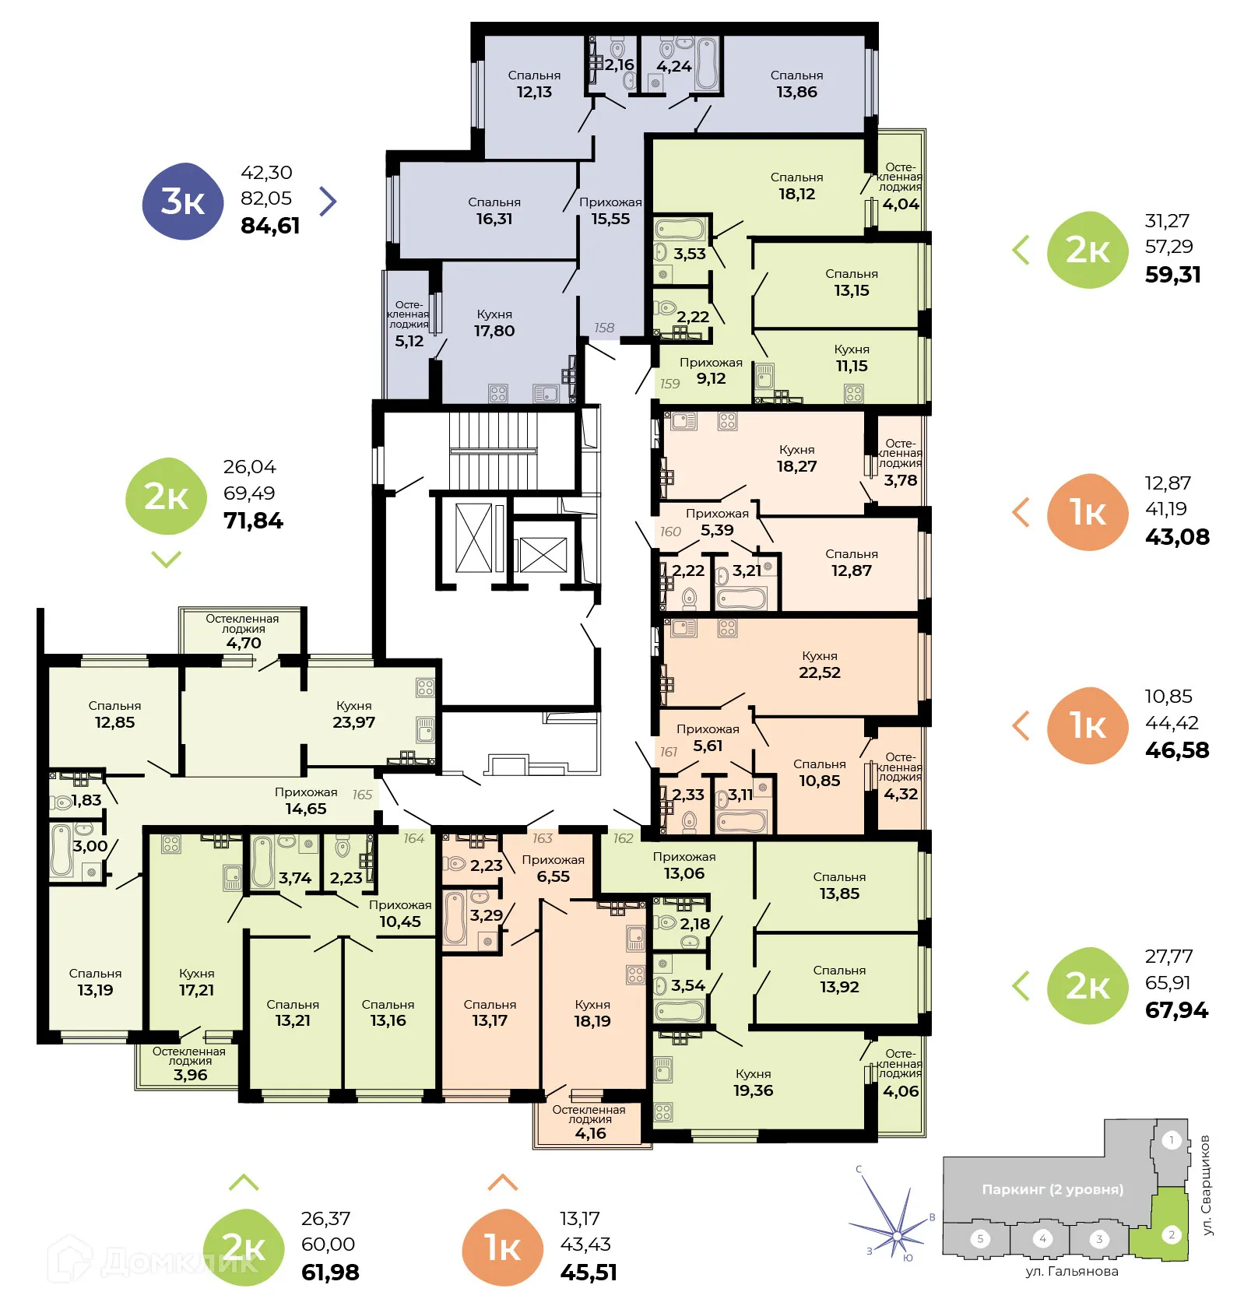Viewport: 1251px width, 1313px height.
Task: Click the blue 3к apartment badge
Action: (x=183, y=202)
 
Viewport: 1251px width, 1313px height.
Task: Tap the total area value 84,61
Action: (x=270, y=226)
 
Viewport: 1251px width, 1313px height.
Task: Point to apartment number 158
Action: (x=604, y=328)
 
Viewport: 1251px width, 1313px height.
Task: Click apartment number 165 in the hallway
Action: (x=362, y=795)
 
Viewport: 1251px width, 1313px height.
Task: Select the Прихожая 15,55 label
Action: (x=610, y=211)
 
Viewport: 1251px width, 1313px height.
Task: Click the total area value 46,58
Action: (x=1177, y=750)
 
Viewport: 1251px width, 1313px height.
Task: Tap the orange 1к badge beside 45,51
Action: (x=502, y=1248)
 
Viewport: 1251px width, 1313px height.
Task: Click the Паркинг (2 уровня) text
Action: (x=1052, y=1189)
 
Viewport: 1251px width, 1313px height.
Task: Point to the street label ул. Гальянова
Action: (x=1072, y=1272)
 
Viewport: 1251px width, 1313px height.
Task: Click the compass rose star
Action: (x=898, y=1235)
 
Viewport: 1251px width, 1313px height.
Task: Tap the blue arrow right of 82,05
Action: (x=329, y=201)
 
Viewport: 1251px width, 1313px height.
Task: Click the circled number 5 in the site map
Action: (x=980, y=1238)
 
